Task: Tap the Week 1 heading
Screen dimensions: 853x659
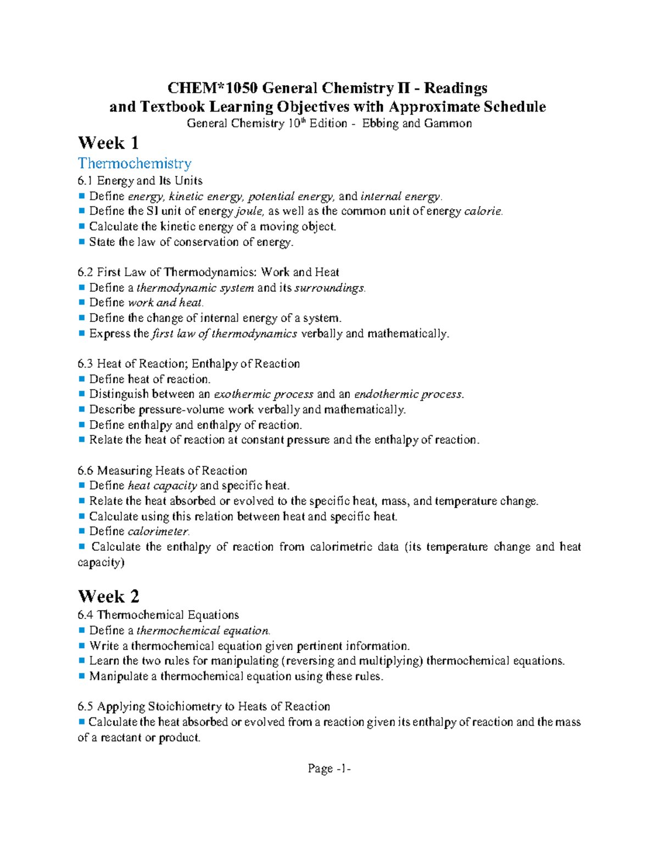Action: [x=108, y=143]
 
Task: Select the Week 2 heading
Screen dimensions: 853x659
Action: [x=108, y=596]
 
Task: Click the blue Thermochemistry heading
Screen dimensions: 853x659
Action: [x=135, y=163]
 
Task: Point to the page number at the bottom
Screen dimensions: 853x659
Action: [x=329, y=768]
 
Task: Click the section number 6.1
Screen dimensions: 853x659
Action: [x=86, y=181]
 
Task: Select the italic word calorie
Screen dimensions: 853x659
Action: [x=483, y=211]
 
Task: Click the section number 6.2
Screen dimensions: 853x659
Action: [x=86, y=272]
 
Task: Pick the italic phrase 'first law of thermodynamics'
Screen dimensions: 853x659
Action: [x=224, y=333]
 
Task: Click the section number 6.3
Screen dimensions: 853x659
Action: [x=86, y=364]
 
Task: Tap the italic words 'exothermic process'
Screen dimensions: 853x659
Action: [x=264, y=394]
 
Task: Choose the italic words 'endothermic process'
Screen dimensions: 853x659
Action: [x=409, y=394]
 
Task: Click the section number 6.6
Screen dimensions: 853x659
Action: [x=86, y=471]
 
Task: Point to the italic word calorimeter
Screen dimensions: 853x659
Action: [x=159, y=532]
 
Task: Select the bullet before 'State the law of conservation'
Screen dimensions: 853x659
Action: [x=82, y=242]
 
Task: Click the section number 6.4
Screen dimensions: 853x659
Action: [x=86, y=615]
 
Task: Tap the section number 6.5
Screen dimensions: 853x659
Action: [x=86, y=707]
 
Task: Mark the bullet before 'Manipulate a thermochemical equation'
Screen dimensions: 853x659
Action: [x=82, y=676]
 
